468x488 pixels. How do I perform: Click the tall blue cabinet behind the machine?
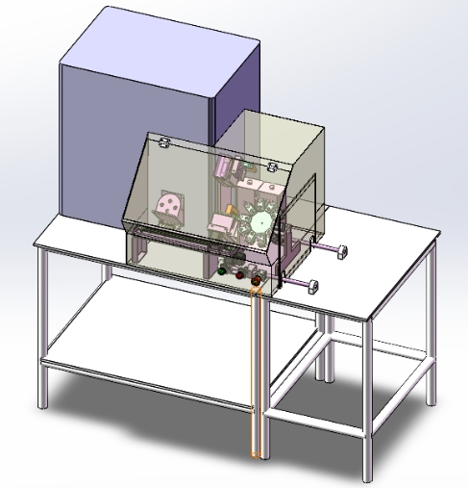point(144,116)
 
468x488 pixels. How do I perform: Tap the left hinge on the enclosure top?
point(164,143)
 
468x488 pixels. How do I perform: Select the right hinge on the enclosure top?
point(271,165)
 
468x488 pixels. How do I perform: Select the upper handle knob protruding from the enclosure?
point(340,251)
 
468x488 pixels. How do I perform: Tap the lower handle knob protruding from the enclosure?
point(311,284)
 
